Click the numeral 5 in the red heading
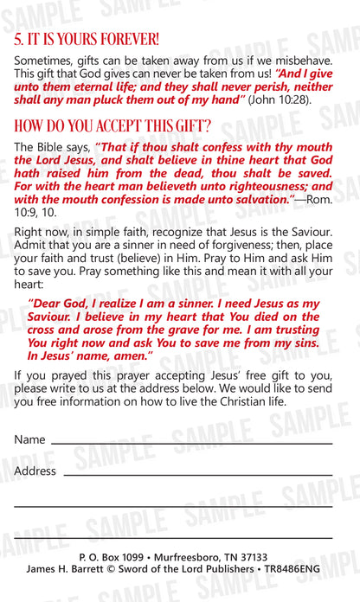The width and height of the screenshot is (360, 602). tap(18, 39)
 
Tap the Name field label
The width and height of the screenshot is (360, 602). tap(29, 440)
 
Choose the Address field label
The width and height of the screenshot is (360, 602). tap(35, 471)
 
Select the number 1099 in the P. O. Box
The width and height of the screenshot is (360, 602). tap(130, 558)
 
